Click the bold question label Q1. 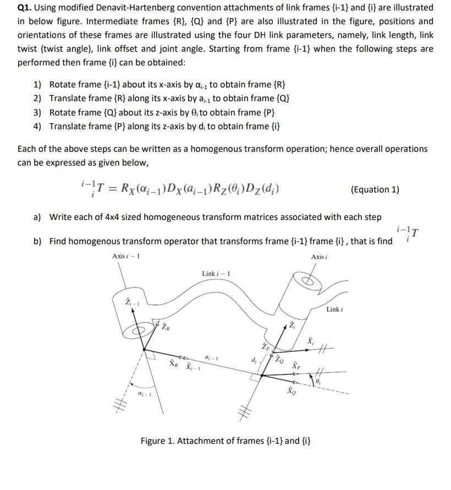[25, 8]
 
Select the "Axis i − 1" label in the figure [126, 256]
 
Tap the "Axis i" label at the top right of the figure [318, 257]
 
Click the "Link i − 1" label [216, 274]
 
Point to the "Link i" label [334, 310]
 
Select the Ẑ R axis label [166, 328]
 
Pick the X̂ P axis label [296, 365]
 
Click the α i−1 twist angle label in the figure [145, 395]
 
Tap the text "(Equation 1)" [375, 190]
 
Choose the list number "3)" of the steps [37, 112]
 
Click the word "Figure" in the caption [154, 441]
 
